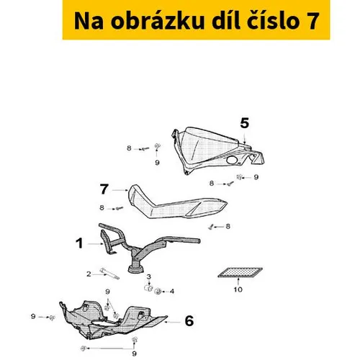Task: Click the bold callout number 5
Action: [x=245, y=124]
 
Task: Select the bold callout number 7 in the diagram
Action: [x=104, y=189]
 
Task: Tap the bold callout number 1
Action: [x=79, y=243]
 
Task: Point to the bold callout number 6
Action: [x=189, y=320]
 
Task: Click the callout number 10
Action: [x=238, y=289]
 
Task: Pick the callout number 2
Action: [x=89, y=274]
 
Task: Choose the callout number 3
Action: [x=149, y=276]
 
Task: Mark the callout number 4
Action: [x=172, y=292]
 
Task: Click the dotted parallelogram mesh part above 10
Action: [x=240, y=273]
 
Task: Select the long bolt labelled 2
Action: [x=109, y=274]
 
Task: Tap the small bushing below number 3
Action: [x=148, y=287]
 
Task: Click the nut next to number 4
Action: [x=158, y=292]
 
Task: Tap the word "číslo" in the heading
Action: [x=273, y=21]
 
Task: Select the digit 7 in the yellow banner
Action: [x=312, y=21]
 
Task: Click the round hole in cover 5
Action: [x=232, y=160]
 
